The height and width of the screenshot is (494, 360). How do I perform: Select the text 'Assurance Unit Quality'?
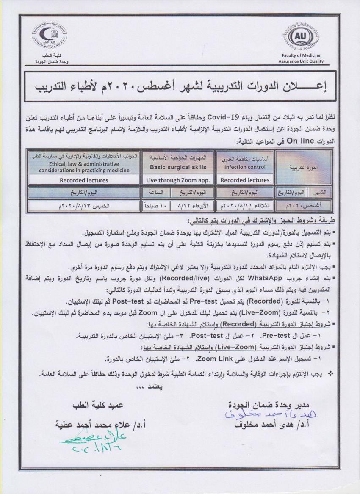click(301, 61)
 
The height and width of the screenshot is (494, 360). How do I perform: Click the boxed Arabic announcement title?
click(180, 87)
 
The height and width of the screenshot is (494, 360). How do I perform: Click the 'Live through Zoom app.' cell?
click(178, 180)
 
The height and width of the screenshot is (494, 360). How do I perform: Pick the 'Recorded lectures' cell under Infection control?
click(245, 180)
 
